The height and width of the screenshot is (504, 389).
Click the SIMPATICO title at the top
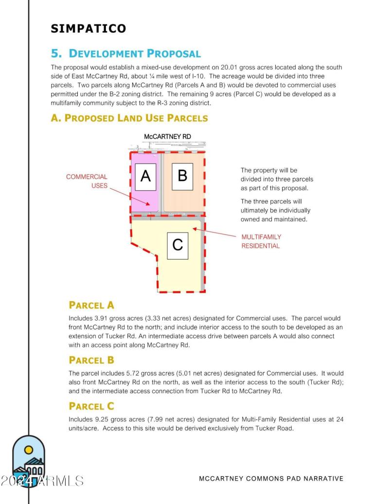(88, 29)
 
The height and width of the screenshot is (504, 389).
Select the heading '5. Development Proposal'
(126, 54)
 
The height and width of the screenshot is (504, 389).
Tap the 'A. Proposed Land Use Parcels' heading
(129, 118)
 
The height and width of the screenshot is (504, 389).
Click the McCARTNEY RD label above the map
(167, 137)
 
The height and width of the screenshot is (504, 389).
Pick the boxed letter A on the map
(145, 177)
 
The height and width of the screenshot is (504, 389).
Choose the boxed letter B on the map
(182, 176)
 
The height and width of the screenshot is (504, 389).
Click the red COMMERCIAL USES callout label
(87, 181)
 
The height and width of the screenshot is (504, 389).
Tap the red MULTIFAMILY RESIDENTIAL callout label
(261, 241)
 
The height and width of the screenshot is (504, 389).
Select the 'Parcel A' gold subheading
(91, 306)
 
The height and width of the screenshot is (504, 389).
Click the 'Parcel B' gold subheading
(91, 360)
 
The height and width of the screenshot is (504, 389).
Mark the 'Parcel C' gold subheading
(91, 406)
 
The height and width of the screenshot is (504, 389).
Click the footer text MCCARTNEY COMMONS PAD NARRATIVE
(271, 479)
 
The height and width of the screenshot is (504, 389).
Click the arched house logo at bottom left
(29, 460)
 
